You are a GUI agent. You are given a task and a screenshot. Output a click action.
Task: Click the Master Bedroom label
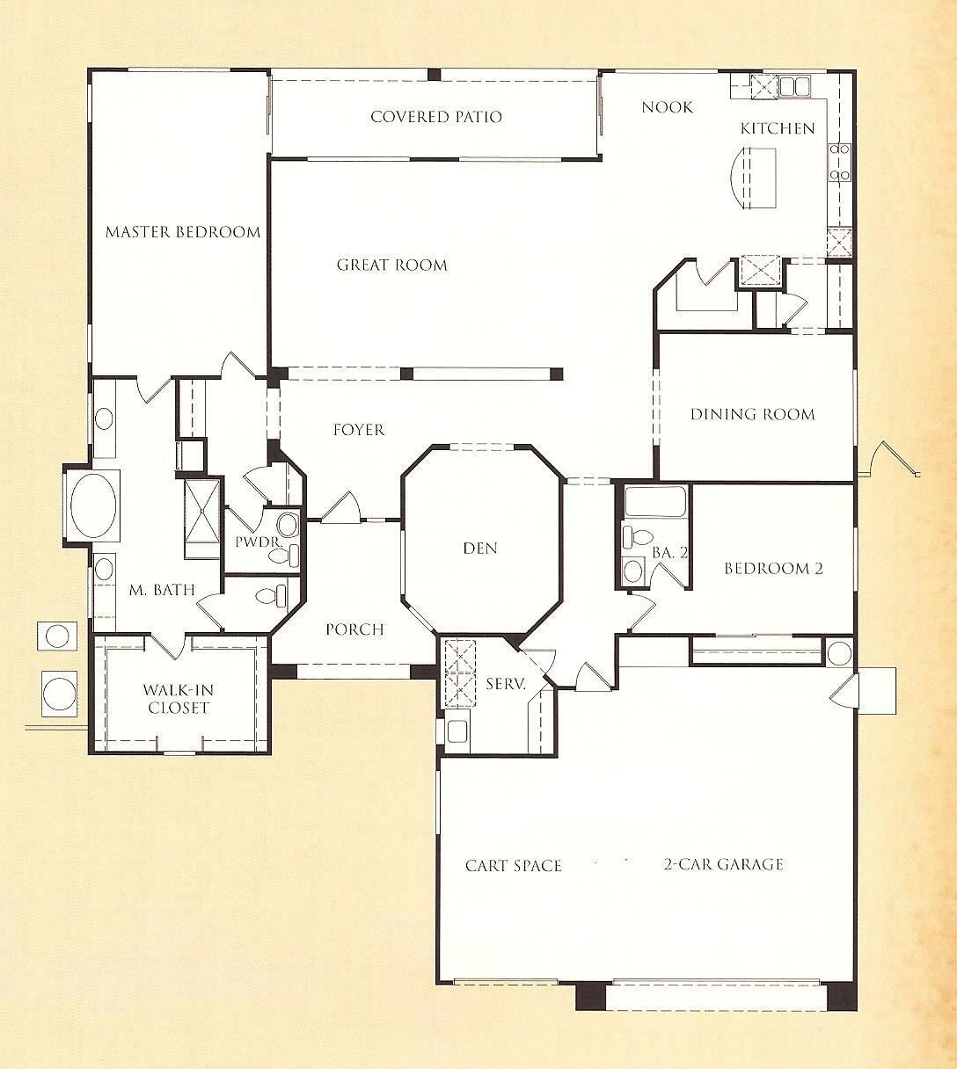[183, 232]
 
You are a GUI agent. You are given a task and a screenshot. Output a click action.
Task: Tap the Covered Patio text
[436, 117]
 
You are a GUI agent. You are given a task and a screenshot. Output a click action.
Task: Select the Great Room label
[392, 265]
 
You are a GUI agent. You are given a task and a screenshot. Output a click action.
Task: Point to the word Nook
[668, 107]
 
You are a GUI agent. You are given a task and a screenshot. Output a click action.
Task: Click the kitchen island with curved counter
[753, 178]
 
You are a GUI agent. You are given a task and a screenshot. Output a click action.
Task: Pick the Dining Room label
[753, 414]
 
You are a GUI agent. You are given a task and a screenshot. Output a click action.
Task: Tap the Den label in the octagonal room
[480, 549]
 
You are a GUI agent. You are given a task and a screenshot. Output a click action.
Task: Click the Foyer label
[359, 430]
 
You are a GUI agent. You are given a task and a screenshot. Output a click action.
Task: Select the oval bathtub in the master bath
[93, 506]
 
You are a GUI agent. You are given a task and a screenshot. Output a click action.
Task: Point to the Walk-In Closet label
[179, 699]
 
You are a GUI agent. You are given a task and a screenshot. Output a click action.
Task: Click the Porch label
[354, 629]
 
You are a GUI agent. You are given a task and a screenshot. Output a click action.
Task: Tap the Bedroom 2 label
[773, 568]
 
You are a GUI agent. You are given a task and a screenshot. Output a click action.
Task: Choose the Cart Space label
[513, 866]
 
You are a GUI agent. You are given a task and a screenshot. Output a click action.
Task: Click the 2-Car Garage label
[723, 864]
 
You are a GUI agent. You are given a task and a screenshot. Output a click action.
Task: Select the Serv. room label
[506, 684]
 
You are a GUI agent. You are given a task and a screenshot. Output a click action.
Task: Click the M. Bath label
[162, 589]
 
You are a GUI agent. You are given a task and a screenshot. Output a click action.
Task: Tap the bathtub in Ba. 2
[655, 501]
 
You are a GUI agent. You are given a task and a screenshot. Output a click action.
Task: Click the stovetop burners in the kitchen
[839, 162]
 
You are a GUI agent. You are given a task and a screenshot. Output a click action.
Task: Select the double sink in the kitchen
[794, 86]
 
